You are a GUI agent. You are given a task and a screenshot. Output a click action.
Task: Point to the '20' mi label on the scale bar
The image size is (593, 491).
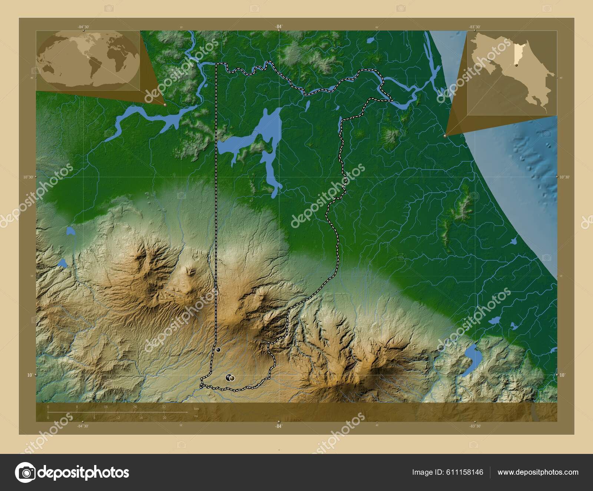tap(164, 418)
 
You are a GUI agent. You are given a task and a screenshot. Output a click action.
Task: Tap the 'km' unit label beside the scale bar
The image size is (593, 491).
tap(196, 408)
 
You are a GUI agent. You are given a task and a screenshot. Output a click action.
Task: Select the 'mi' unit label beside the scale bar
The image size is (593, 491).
tap(196, 416)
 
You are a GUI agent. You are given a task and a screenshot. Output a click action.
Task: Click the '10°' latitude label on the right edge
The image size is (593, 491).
tap(562, 375)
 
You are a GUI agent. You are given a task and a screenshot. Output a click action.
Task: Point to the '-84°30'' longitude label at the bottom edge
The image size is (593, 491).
tap(83, 426)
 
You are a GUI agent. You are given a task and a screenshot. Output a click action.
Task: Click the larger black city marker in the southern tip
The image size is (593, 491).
tap(228, 378)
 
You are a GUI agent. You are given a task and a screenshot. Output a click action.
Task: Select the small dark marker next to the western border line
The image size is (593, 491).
tap(218, 350)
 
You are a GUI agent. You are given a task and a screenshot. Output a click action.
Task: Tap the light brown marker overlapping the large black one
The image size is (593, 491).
tap(232, 378)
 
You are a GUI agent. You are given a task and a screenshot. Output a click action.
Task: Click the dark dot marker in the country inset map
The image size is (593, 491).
tap(516, 65)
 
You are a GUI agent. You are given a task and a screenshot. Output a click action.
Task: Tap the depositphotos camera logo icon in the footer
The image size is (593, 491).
tap(25, 472)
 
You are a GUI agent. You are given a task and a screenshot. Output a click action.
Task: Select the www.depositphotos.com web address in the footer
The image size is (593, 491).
tap(538, 472)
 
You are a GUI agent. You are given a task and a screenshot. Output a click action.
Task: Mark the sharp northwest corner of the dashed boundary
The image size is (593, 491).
tap(216, 64)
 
